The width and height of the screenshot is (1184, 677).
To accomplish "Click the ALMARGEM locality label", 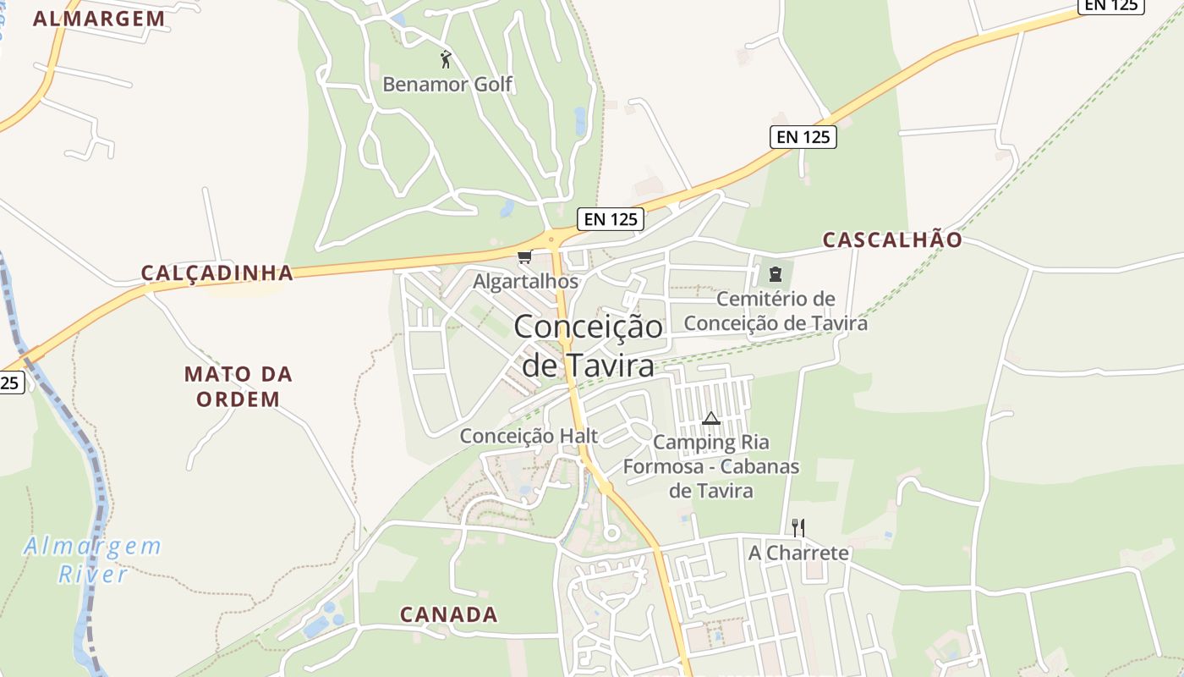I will coord(99,19).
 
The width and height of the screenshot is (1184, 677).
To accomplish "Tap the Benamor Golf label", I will coord(447,85).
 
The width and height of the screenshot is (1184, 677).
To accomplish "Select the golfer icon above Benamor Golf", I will coord(447,59).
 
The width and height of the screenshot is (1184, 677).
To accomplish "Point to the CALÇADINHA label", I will coord(217,272).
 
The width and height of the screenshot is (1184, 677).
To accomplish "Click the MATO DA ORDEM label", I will coord(238,386).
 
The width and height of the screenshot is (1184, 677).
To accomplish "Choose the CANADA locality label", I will coord(448,614).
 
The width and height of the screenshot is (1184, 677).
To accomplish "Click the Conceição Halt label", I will coord(529,436).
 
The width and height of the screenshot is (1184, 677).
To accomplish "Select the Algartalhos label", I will coord(525,281).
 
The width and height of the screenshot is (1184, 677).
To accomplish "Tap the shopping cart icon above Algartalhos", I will coord(524,257).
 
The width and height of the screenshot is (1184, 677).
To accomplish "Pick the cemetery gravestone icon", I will coord(775,273).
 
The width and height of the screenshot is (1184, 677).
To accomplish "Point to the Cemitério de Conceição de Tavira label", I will coord(776,311).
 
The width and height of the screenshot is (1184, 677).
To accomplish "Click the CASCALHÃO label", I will coord(892,240).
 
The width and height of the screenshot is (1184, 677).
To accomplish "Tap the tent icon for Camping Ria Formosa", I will coord(710,418).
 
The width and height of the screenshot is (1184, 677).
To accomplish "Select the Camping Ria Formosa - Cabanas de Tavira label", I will coord(711,466).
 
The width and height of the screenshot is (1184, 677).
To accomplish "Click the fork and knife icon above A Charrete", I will coord(798,528).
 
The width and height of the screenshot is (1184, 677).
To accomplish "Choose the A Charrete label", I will coord(798,553).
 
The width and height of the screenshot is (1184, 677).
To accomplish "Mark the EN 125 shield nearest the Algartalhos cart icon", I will coord(611,219).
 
